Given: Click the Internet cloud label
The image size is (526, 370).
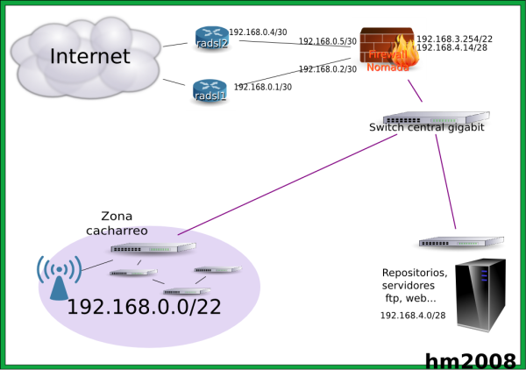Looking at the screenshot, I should pos(90,57).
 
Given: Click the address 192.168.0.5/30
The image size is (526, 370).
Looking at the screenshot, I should pos(328,41).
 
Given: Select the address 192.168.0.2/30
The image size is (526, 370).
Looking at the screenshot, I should pos(328,69).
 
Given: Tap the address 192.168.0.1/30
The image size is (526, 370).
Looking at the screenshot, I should pos(263,87).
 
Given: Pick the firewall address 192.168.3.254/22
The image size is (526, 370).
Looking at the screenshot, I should pos(454,39).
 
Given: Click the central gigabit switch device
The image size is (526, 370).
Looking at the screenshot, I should pos(435,117).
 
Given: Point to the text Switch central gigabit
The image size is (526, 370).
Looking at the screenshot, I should pos(427,128).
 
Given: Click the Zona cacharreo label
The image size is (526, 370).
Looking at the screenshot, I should pos(117,224).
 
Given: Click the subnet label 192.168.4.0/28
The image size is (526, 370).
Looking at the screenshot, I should pos(413,315).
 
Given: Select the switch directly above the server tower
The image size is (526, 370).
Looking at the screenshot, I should pos(460,241).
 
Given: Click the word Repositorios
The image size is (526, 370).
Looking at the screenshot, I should pos(415,273).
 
